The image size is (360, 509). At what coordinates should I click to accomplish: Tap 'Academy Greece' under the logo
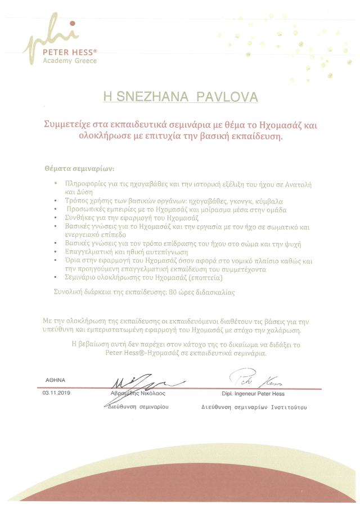click(x=70, y=61)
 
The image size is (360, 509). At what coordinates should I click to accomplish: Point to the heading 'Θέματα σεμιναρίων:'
click(x=79, y=168)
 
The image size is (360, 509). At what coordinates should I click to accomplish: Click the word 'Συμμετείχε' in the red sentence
click(x=68, y=125)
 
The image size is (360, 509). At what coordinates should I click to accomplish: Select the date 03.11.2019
click(x=54, y=393)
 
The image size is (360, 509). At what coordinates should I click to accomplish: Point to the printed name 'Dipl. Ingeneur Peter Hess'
click(x=254, y=394)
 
